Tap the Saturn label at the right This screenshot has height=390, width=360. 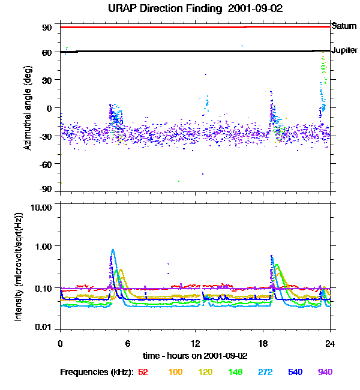(x=344, y=26)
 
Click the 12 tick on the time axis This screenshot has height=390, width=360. (x=195, y=343)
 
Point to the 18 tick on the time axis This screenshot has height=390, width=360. (x=263, y=343)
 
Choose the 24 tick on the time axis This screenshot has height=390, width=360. (x=330, y=343)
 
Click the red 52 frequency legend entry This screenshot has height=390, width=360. (x=143, y=372)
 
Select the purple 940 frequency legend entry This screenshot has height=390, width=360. (x=325, y=372)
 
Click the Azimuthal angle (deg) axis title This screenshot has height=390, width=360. (x=28, y=109)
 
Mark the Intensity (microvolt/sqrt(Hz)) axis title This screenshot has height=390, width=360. (x=19, y=266)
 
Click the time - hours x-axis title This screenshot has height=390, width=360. (x=196, y=355)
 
